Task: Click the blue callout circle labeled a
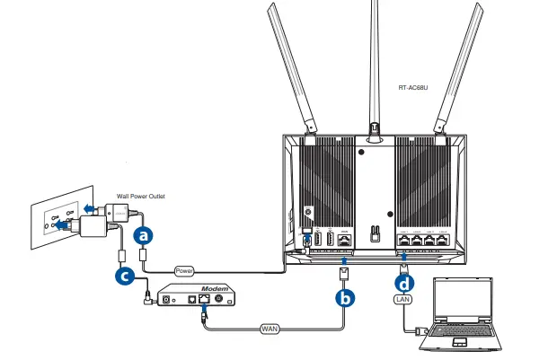pyautogui.click(x=142, y=236)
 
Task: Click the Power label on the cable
pyautogui.click(x=184, y=268)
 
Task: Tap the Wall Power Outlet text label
pyautogui.click(x=141, y=195)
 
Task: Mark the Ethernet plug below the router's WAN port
pyautogui.click(x=346, y=269)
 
